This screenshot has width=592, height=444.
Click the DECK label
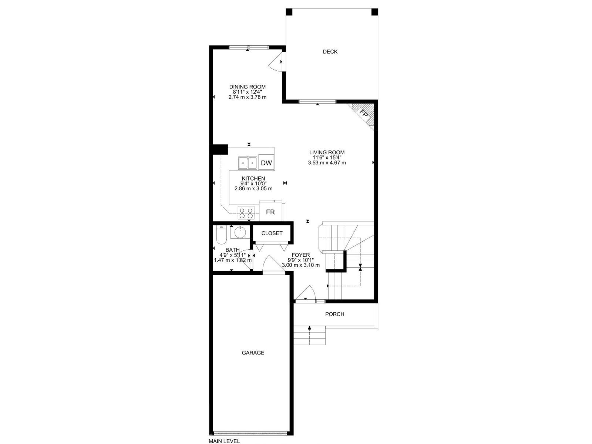coord(330,52)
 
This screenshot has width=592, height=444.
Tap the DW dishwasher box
coord(266,163)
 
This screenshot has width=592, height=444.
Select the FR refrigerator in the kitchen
coord(270,212)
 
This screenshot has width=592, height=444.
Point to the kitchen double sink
coord(248,163)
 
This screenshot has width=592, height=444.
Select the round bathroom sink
coord(240,233)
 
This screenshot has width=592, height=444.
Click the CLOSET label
coord(272,233)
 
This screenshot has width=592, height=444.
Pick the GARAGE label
coord(253,353)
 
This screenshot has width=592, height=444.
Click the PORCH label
coord(334,314)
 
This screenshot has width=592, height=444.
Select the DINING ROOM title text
coord(247,87)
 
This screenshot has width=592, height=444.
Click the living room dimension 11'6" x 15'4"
coord(327,157)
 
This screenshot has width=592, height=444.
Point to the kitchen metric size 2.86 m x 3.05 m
coord(253,188)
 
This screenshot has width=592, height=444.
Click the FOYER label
coord(300,255)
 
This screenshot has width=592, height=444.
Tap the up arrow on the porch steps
coord(309,327)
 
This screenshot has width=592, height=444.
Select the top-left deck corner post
coord(289,12)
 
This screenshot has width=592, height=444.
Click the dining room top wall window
coord(248,47)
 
